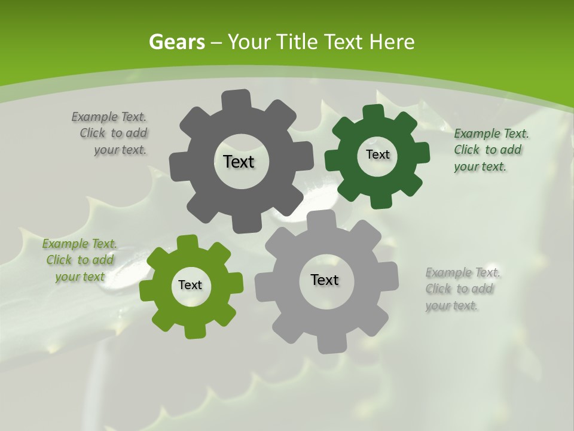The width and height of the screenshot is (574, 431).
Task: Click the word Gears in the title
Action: [x=176, y=42]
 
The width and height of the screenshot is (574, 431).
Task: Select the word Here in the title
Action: [x=392, y=42]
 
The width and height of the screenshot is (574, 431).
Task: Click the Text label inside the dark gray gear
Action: [x=239, y=162]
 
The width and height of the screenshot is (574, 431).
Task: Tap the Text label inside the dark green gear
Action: [x=377, y=154]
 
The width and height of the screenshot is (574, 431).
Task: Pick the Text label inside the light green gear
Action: [x=190, y=285]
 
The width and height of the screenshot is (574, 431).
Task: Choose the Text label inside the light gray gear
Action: [x=325, y=280]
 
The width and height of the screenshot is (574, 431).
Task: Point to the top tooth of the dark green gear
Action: [x=373, y=112]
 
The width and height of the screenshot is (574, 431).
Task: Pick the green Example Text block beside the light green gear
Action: [x=80, y=260]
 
